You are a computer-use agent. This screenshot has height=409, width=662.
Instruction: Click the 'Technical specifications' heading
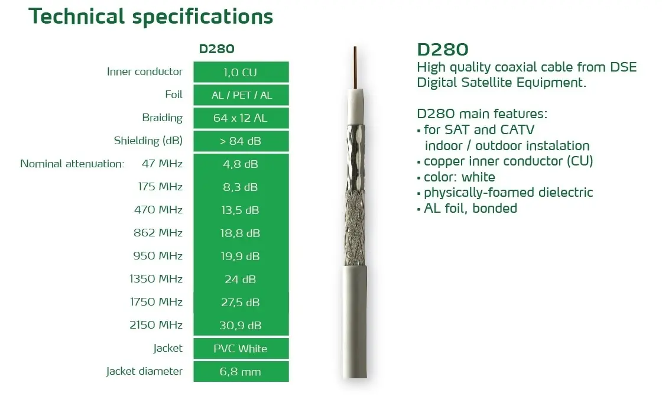point(151,17)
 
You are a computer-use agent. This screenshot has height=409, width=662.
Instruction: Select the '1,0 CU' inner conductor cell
point(241,72)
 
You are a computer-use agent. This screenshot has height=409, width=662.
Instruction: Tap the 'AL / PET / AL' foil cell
point(241,95)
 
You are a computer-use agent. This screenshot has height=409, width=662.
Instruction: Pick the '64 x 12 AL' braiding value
point(241,118)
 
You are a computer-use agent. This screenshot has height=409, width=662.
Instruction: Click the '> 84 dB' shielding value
point(241,141)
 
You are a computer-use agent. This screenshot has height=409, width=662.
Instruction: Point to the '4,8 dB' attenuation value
point(241,164)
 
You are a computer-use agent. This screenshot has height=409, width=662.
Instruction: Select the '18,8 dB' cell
point(241,233)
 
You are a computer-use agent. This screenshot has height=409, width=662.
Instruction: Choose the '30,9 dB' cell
point(241,325)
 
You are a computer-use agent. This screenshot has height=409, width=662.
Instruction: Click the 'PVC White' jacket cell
point(241,348)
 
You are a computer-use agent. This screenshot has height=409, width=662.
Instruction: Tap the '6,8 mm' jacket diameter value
point(240,371)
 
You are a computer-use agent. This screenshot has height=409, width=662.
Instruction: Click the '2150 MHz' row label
point(156,324)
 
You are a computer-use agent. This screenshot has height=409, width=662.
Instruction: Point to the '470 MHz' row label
point(158,209)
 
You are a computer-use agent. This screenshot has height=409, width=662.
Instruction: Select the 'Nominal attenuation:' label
point(72,163)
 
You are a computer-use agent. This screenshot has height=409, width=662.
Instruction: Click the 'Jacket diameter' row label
point(144,371)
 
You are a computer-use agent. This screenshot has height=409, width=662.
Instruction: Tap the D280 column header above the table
point(216,48)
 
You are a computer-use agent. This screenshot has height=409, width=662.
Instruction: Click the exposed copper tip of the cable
point(355,67)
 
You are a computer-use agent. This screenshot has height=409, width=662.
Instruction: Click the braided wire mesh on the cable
point(355,228)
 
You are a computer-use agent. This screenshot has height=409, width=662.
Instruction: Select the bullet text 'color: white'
point(459,177)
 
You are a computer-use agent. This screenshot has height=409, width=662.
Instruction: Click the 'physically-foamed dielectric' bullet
point(508,193)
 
